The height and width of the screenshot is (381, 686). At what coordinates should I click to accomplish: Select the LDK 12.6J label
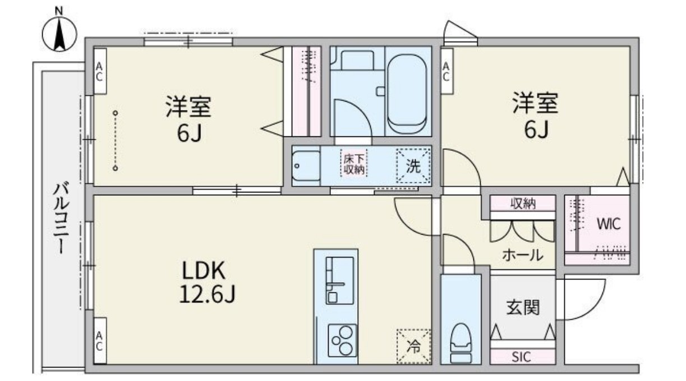tap(204, 283)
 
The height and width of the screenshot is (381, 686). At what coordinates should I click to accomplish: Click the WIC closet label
tap(609, 224)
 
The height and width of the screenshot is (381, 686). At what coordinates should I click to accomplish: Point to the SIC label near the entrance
tap(522, 356)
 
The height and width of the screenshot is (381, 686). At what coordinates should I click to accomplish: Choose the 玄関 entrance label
tap(523, 307)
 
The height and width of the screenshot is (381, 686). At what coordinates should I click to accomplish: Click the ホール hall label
tap(522, 255)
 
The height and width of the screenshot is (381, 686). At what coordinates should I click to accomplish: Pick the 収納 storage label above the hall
tap(523, 203)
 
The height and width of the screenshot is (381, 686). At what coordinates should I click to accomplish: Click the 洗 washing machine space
tap(414, 166)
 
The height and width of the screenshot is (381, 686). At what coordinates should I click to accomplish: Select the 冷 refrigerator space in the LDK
tap(413, 346)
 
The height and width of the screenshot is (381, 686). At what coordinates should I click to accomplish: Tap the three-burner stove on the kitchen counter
tap(342, 338)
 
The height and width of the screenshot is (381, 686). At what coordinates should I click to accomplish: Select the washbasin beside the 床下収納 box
tap(305, 166)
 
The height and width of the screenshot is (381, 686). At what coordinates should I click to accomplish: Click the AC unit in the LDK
tap(99, 340)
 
